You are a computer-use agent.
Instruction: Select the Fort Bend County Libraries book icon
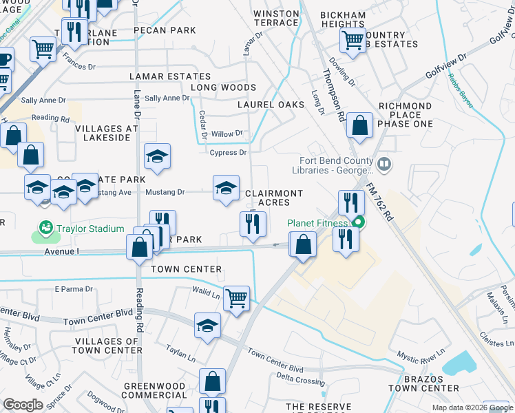coord(384,165)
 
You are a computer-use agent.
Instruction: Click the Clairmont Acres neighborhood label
coord(274,198)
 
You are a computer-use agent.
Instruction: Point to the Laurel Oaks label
coord(271,105)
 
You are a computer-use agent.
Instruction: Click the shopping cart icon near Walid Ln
coord(236,298)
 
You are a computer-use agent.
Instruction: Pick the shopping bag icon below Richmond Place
coord(360,125)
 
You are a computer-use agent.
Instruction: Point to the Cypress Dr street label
coord(229,153)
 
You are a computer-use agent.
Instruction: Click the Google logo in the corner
coord(23,405)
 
